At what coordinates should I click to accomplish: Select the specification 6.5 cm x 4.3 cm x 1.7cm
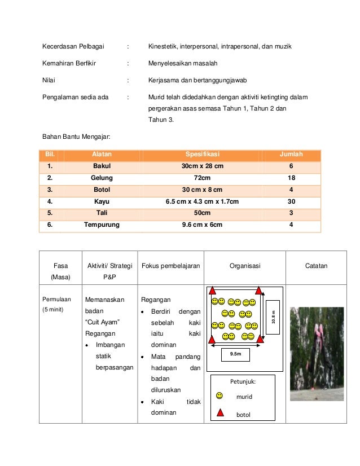click(202, 201)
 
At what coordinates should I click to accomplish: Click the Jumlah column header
click(291, 154)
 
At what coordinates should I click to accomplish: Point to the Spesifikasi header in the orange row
click(202, 154)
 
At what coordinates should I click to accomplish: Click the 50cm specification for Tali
click(202, 213)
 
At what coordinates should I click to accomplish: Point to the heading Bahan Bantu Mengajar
click(76, 136)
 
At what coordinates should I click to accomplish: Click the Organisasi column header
click(244, 266)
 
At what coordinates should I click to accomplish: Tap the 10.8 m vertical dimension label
click(273, 318)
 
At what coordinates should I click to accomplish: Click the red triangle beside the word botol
click(219, 414)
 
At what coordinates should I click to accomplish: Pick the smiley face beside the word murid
click(219, 396)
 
